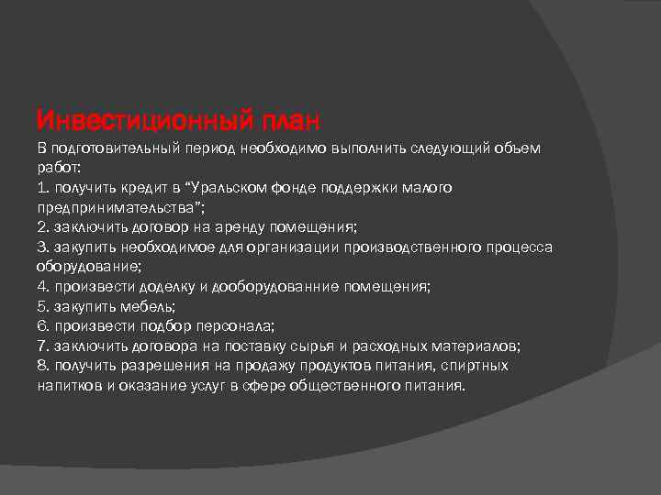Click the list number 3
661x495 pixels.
(x=42, y=247)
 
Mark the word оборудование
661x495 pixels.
(x=87, y=267)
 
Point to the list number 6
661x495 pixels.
(x=42, y=325)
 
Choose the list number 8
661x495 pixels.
(x=42, y=366)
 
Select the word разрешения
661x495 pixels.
(x=161, y=366)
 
